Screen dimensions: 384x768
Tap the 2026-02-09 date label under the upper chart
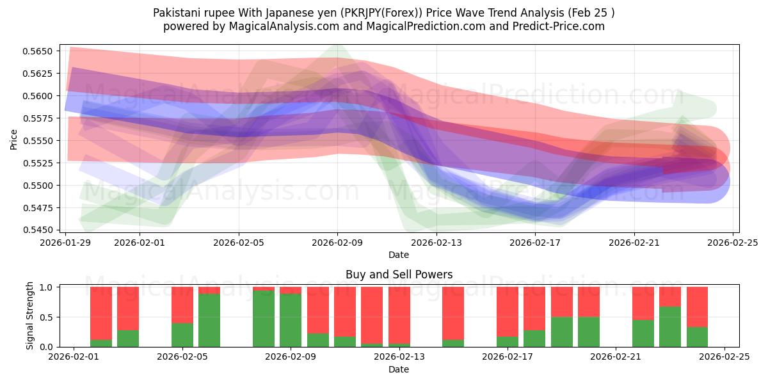coord(338,243)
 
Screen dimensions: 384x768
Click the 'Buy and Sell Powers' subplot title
coord(399,275)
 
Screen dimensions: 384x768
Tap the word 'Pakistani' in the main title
coord(176,13)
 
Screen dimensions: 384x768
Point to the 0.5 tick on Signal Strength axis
coord(46,317)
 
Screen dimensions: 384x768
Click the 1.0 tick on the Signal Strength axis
coord(46,287)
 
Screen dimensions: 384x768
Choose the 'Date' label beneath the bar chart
coord(399,369)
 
